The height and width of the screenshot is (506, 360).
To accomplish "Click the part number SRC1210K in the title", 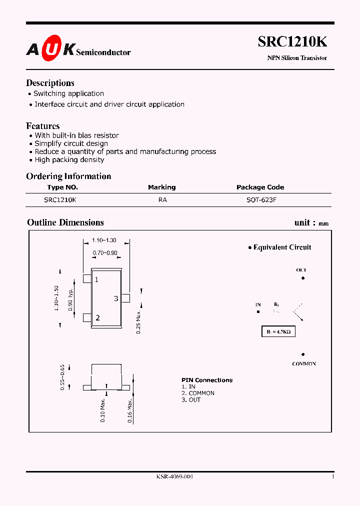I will click(292, 43).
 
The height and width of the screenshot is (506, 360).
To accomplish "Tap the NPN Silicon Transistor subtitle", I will click(297, 58).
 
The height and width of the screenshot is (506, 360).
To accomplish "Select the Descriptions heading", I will click(50, 83).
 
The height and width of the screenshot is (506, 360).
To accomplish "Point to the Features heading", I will click(43, 126).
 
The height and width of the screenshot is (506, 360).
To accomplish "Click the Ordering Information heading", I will click(68, 176).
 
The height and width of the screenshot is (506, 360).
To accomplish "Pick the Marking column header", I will click(161, 187).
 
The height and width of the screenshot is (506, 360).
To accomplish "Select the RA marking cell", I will click(162, 199).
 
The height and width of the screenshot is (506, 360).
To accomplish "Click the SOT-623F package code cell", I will click(260, 199).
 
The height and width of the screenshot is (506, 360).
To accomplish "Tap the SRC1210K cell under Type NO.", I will click(60, 199).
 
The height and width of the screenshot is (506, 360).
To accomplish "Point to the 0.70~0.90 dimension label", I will click(105, 253).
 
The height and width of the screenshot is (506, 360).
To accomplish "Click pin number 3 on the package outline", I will click(116, 298).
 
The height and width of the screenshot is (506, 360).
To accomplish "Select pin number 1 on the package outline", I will click(96, 279).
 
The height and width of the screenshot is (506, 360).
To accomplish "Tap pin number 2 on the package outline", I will click(98, 317).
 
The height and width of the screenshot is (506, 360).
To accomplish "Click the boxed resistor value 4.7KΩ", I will click(278, 331).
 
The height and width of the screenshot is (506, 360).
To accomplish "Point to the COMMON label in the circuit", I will click(304, 364).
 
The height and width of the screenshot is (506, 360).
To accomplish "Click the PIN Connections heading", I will click(207, 380).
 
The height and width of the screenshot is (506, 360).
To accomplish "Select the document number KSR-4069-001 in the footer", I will click(174, 476).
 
